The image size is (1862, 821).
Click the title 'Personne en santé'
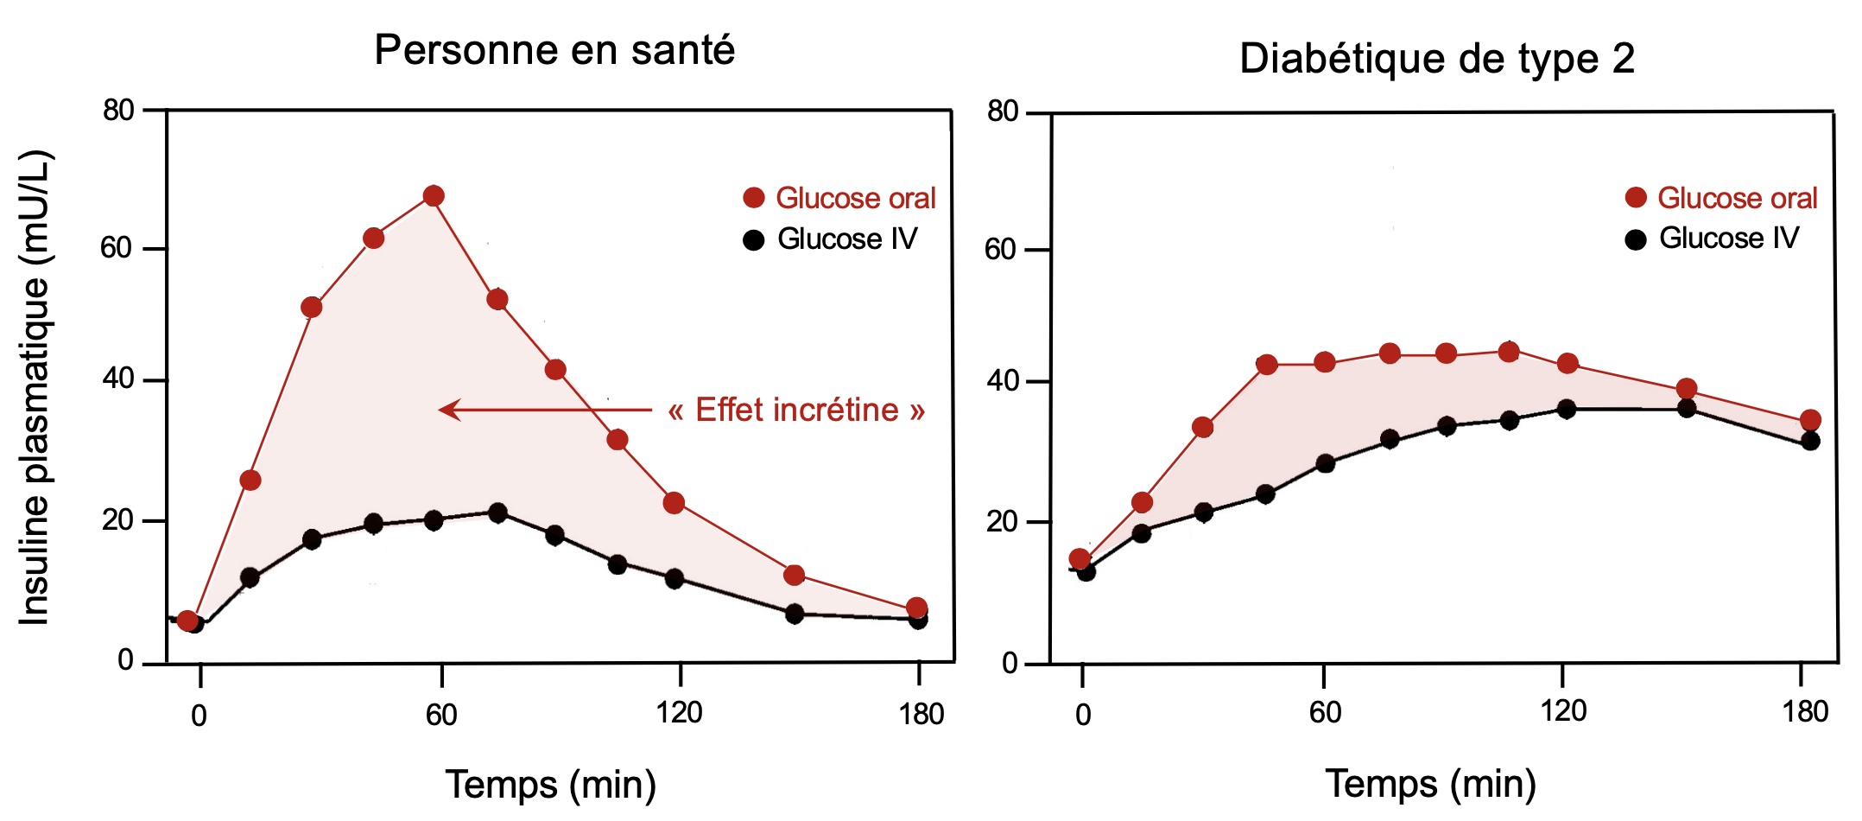(554, 50)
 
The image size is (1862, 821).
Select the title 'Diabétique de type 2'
(1437, 59)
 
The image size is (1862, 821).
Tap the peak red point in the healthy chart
(434, 196)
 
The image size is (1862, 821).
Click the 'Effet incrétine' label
(796, 410)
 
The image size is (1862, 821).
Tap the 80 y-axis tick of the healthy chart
(119, 111)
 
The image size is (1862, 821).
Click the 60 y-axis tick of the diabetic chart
(1002, 250)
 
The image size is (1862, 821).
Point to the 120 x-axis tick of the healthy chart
(679, 713)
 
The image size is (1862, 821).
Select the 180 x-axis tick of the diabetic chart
(1805, 713)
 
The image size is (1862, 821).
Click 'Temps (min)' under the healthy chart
(551, 784)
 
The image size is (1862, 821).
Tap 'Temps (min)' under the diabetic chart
(1431, 784)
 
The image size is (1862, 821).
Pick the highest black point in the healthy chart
(497, 512)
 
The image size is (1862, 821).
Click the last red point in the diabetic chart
(1810, 421)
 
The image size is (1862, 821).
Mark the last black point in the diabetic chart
(1810, 441)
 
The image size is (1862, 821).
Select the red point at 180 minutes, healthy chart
(917, 608)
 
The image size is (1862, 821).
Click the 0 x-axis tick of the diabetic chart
(1083, 715)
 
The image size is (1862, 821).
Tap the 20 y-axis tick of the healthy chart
(119, 520)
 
